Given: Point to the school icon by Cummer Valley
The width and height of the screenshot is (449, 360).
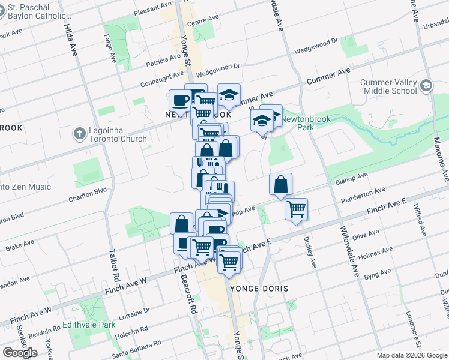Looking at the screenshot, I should (426, 86).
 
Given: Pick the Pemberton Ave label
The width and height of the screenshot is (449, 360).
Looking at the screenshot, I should (361, 194).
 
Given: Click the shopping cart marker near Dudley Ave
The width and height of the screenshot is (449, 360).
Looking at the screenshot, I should (296, 210).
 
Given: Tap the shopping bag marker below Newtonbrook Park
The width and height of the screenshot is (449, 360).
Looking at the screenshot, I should (280, 185).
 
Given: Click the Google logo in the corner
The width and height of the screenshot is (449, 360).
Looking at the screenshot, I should (20, 352).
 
